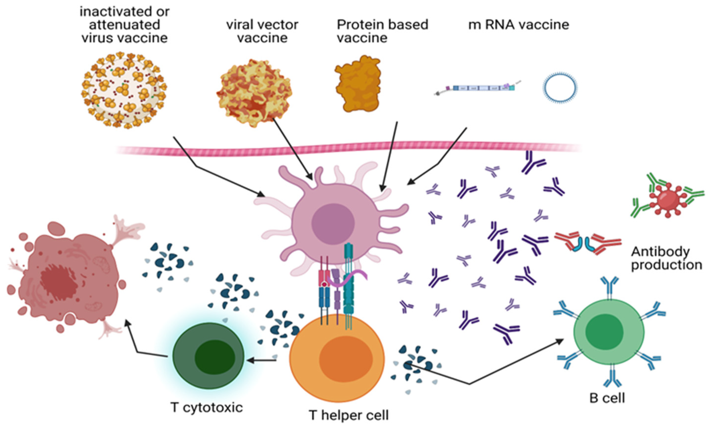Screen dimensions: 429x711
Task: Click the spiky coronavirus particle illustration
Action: pos(124,90)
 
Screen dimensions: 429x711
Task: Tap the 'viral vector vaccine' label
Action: pos(262,31)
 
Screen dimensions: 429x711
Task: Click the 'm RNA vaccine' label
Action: pos(518,25)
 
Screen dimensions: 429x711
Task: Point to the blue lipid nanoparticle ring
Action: pos(560,87)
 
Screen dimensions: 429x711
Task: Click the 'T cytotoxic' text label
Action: pos(207,407)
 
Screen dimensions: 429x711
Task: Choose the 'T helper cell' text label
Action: pos(349,415)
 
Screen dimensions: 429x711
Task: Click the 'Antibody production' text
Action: pos(666,259)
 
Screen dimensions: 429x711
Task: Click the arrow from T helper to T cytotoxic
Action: pos(261,360)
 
